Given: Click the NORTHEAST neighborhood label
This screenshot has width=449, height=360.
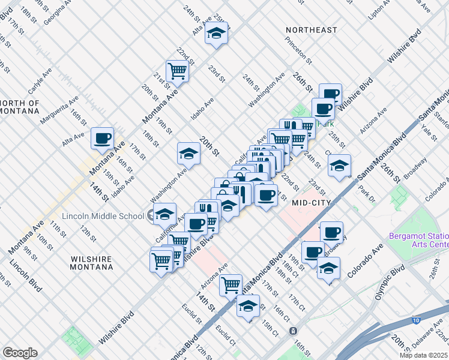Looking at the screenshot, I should (x=312, y=30).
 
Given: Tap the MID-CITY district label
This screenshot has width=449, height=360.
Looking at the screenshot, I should (x=312, y=203).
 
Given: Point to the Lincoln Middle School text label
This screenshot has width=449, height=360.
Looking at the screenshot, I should (x=103, y=216).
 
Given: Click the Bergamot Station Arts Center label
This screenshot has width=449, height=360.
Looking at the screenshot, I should (x=418, y=240).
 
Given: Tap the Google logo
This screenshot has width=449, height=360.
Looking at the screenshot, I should (x=20, y=353).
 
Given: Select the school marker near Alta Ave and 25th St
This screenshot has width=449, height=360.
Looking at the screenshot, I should (x=216, y=34).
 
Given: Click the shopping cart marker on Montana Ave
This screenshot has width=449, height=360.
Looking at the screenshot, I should (x=178, y=71).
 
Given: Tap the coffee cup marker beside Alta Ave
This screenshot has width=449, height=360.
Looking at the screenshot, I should (x=103, y=138).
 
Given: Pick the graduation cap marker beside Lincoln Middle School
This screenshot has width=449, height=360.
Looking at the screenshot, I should (x=164, y=213).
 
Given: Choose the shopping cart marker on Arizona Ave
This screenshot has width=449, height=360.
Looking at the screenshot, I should (x=231, y=284).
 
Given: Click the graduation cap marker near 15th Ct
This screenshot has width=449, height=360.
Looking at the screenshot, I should (x=248, y=305).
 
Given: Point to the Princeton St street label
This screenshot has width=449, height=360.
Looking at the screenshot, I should (x=299, y=50).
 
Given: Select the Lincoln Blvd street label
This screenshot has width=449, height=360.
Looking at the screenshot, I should (x=25, y=277).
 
